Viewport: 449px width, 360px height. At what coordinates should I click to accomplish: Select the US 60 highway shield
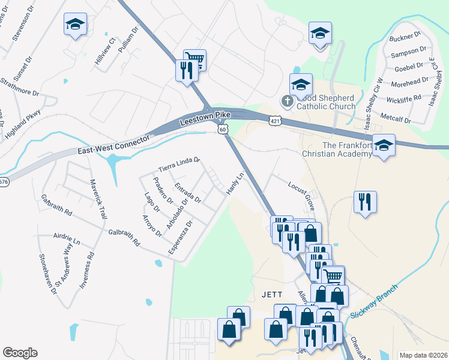pyautogui.click(x=223, y=129)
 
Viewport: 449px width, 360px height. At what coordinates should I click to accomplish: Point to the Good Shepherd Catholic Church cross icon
pyautogui.click(x=287, y=101)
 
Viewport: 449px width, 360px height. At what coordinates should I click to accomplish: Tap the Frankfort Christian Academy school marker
pyautogui.click(x=383, y=145)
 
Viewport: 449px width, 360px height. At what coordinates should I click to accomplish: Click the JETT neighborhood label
pyautogui.click(x=273, y=294)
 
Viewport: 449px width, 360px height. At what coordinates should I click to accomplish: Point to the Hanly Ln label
pyautogui.click(x=235, y=184)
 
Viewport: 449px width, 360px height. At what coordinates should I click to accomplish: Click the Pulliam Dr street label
pyautogui.click(x=128, y=40)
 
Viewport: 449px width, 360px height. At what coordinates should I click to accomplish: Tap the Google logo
pyautogui.click(x=20, y=353)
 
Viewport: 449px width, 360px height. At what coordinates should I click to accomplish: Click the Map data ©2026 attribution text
pyautogui.click(x=423, y=355)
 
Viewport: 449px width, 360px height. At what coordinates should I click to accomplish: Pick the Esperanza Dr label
pyautogui.click(x=181, y=238)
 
